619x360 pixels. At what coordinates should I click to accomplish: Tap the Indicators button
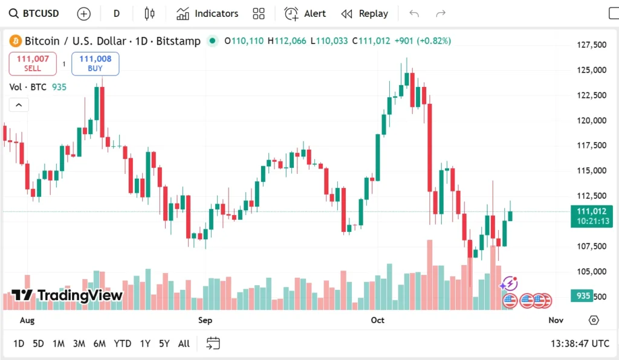(207, 13)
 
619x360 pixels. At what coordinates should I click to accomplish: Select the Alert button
(305, 13)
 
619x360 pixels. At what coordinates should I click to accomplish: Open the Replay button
(365, 13)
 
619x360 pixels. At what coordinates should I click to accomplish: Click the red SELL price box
(33, 63)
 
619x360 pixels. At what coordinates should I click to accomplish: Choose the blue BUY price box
(95, 63)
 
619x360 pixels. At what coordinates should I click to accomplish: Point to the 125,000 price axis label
(591, 70)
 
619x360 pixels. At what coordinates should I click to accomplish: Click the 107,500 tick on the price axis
(591, 246)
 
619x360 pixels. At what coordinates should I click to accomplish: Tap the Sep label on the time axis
(205, 320)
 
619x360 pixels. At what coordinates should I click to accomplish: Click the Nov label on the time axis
(556, 320)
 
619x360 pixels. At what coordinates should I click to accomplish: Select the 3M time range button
(79, 344)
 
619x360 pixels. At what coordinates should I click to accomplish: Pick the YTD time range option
(123, 344)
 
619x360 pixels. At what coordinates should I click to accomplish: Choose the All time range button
(184, 344)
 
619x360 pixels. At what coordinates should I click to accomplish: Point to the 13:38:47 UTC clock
(580, 344)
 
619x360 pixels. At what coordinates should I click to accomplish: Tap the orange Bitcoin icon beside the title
(15, 41)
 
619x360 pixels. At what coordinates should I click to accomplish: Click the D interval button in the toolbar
(117, 13)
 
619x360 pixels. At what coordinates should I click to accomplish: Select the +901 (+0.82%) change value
(423, 41)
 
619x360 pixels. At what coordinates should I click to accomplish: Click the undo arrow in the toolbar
(414, 13)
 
